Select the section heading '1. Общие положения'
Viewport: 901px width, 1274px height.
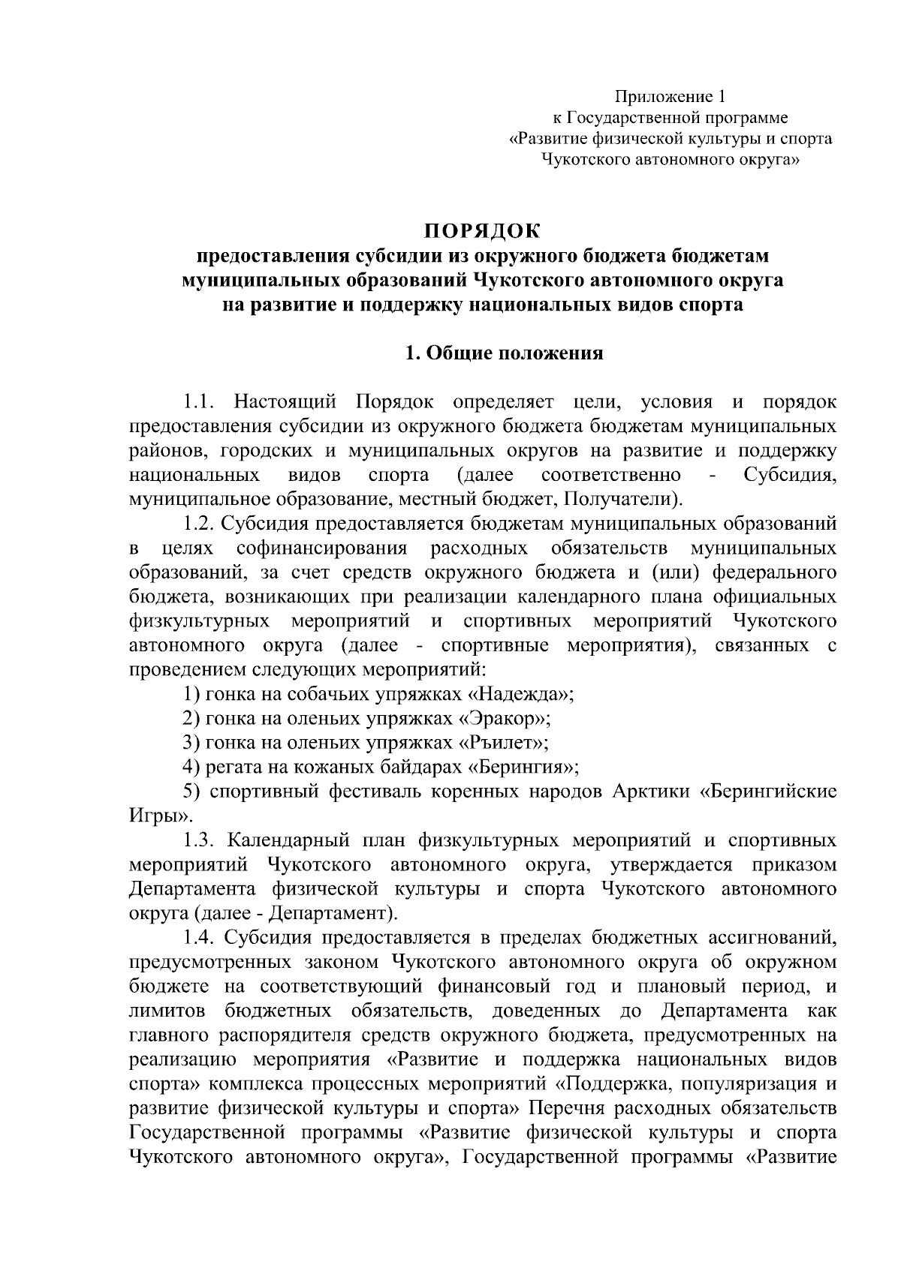[504, 353]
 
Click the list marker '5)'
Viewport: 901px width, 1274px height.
[191, 792]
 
